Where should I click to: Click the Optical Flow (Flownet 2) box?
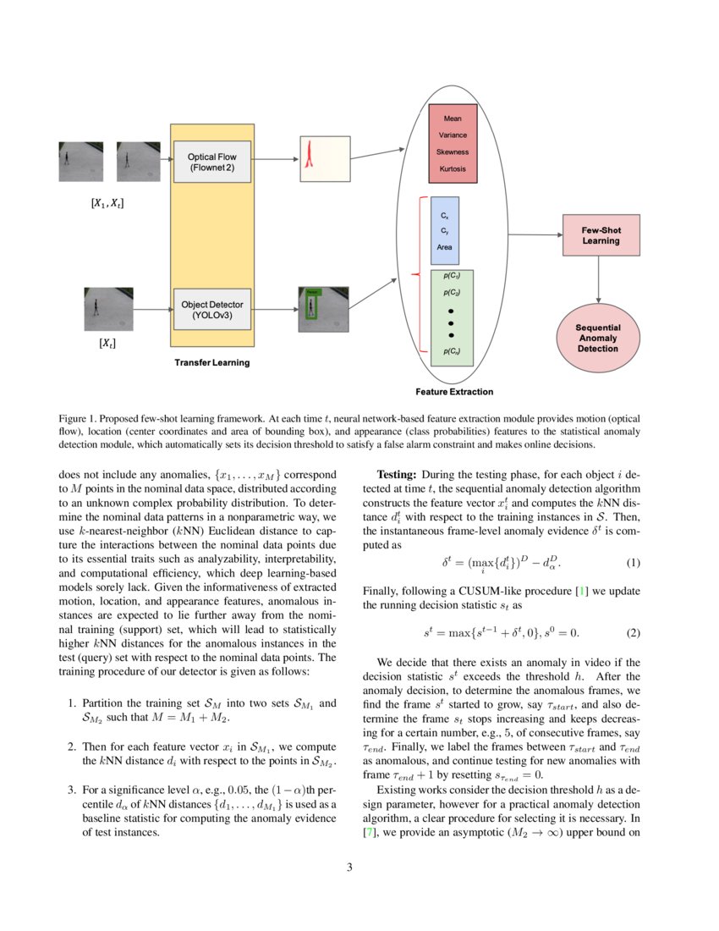click(212, 162)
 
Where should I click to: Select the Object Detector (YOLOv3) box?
click(212, 310)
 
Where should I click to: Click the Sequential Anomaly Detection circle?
click(598, 337)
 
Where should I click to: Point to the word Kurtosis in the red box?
click(453, 168)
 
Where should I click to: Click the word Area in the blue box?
click(445, 247)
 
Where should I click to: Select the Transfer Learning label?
click(212, 362)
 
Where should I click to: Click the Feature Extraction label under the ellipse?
click(454, 392)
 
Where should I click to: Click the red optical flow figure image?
click(323, 158)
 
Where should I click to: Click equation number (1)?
click(633, 563)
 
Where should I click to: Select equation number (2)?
click(633, 632)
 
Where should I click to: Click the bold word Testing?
click(397, 475)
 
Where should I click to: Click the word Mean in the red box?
click(453, 118)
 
